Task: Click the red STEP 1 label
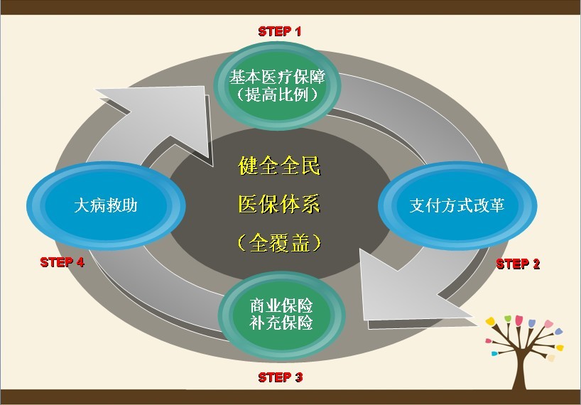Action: (x=279, y=31)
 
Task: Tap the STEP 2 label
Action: (x=518, y=264)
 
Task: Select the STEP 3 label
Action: (x=280, y=377)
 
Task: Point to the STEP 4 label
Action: (x=63, y=262)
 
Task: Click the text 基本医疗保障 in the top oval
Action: (x=277, y=77)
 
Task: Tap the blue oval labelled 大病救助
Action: (x=106, y=206)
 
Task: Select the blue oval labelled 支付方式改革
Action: (x=457, y=205)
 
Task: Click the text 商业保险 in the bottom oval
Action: (x=281, y=306)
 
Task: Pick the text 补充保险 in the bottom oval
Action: (x=281, y=323)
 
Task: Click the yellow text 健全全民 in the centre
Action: (x=279, y=168)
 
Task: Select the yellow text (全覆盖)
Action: (x=279, y=242)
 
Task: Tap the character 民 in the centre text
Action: (x=310, y=168)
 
